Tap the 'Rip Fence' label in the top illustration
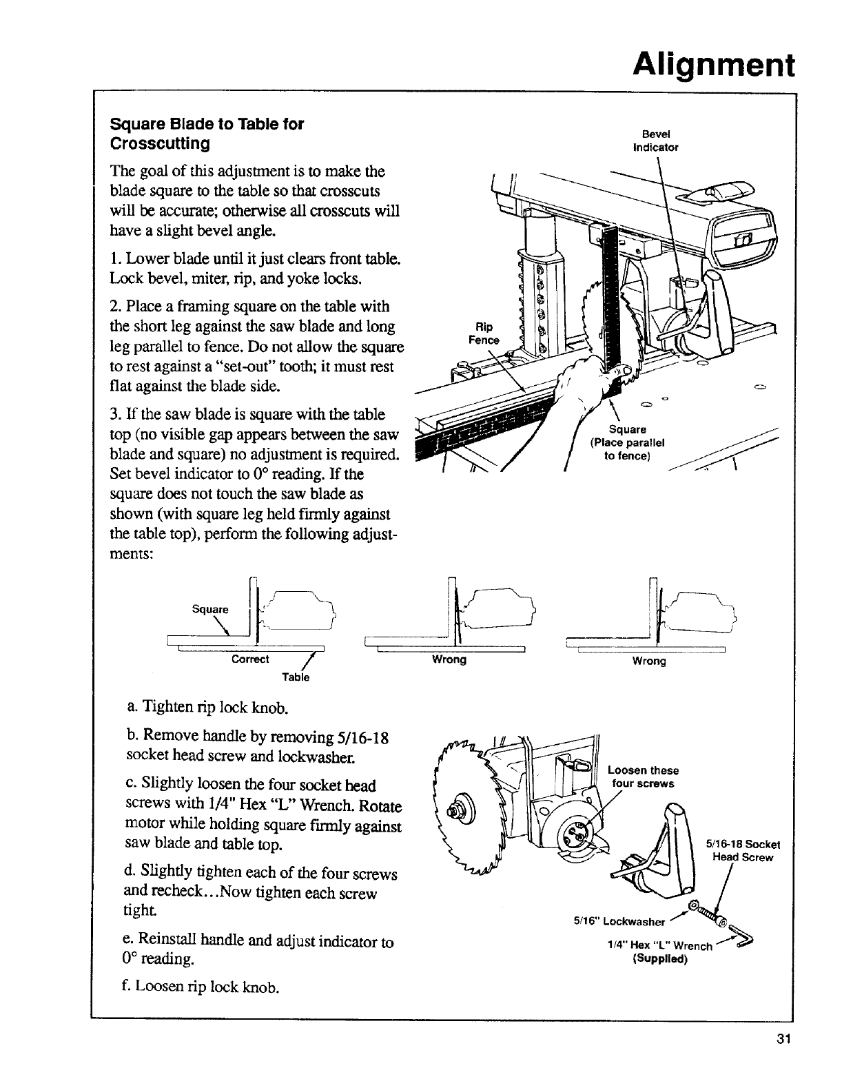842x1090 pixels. [x=484, y=334]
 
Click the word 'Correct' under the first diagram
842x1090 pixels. [x=250, y=659]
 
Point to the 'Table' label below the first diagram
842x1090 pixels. [x=296, y=677]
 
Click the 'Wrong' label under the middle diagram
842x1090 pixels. [x=449, y=659]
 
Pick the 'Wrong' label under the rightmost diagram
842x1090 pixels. [x=649, y=661]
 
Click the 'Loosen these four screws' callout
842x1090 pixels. [x=643, y=777]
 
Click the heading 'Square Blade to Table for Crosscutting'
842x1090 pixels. [x=207, y=134]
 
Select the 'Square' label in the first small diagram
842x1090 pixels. [x=209, y=609]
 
